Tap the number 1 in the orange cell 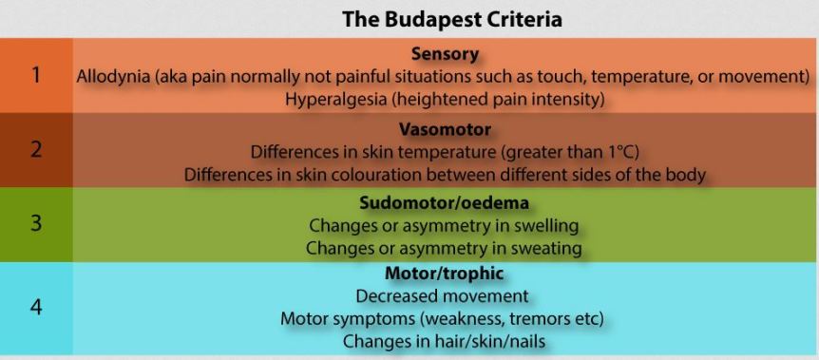click(35, 75)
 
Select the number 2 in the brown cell click(35, 150)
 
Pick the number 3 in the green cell click(35, 225)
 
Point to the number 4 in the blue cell click(35, 308)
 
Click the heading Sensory click(445, 54)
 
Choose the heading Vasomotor click(445, 129)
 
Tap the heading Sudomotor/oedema click(445, 204)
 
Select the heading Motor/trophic click(445, 275)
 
